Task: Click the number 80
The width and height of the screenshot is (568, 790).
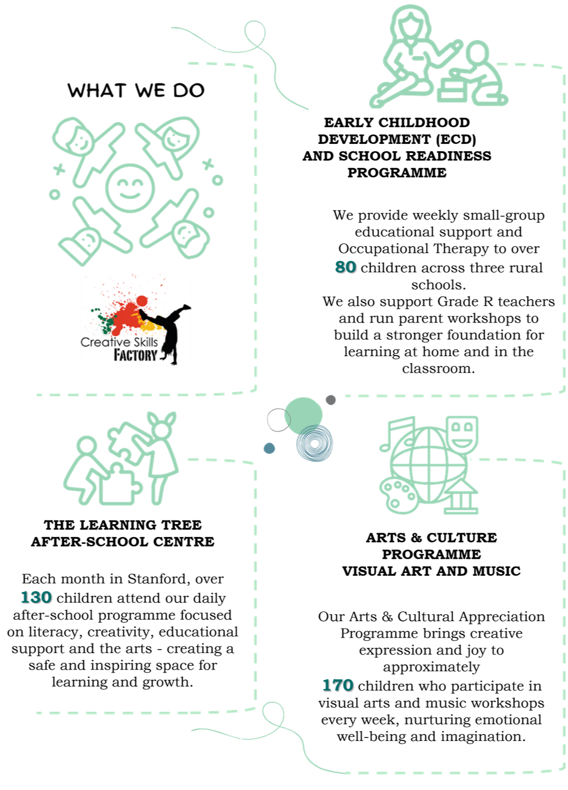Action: (345, 267)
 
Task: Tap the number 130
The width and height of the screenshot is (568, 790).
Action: (35, 597)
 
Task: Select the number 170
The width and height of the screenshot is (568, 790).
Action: (337, 685)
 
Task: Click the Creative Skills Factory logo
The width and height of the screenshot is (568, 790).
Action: (135, 320)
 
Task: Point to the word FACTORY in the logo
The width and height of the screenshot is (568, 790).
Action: (135, 355)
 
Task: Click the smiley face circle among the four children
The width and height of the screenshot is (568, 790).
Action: (130, 188)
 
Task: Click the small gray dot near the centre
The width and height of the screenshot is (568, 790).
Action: (331, 400)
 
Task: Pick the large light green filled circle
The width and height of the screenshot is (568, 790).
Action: (303, 415)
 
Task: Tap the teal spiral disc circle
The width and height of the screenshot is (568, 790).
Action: (314, 443)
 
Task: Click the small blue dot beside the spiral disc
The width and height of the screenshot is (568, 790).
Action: (269, 448)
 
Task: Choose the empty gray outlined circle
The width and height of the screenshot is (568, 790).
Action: (278, 420)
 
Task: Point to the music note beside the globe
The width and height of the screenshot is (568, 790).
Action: (397, 434)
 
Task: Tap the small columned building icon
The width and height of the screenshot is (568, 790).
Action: (462, 497)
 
